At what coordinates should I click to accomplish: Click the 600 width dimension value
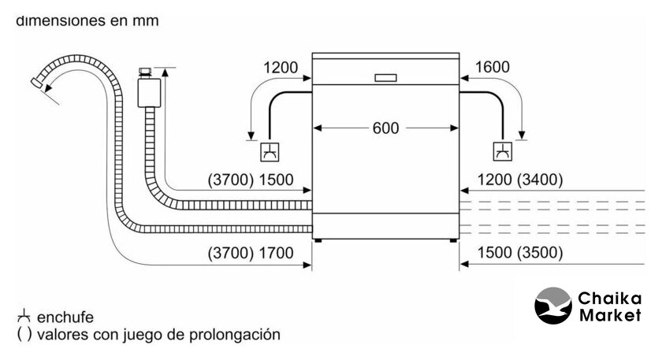point(385,128)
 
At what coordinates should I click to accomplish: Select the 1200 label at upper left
point(281,68)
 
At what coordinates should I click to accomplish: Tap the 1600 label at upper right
point(493,68)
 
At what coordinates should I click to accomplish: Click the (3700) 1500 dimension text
point(250,180)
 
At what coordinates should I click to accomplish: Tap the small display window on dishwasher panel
point(385,78)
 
